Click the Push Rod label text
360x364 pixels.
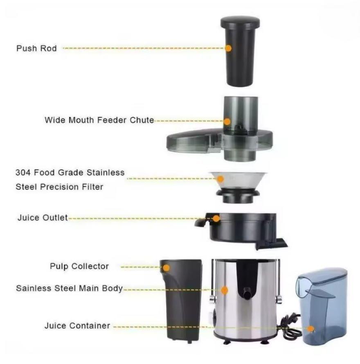(x=36, y=48)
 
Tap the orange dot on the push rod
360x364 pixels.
(x=229, y=48)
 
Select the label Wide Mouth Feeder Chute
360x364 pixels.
(x=99, y=120)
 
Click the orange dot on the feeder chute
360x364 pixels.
(x=227, y=122)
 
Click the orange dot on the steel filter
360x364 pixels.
(x=220, y=179)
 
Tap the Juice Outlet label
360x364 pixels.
(x=43, y=218)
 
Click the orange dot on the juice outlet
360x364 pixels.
(x=216, y=219)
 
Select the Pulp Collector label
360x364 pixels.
(x=79, y=266)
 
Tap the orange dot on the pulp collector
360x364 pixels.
(x=166, y=268)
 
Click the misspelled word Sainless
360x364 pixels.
(x=34, y=288)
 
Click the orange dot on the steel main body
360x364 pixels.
(x=224, y=290)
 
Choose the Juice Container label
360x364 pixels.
(x=77, y=326)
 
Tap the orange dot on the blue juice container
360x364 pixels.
(x=310, y=329)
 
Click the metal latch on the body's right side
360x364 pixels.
(x=279, y=299)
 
